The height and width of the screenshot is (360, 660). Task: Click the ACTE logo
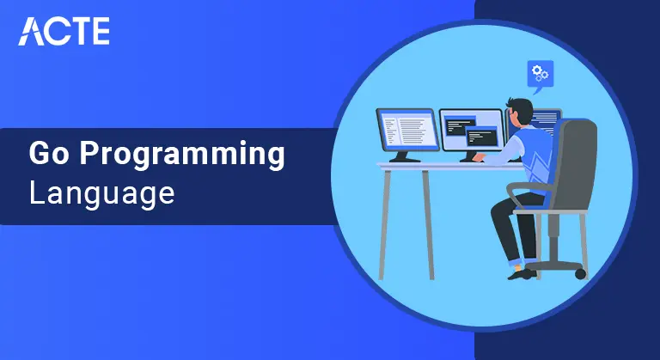pos(64,30)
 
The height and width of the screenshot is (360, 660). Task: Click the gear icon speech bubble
pos(541,73)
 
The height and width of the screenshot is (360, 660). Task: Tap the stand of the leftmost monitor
pos(404,156)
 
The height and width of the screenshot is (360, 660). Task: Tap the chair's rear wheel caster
pos(580,273)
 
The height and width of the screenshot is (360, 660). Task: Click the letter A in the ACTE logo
pos(31,30)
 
